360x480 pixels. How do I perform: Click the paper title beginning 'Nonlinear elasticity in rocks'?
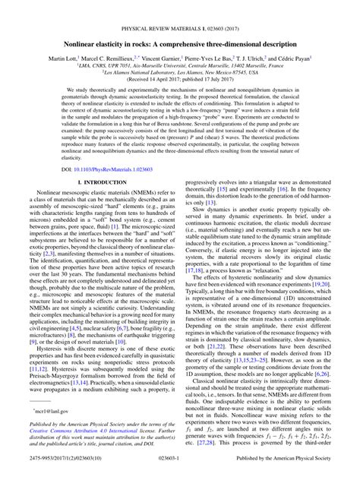[x=180, y=25]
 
